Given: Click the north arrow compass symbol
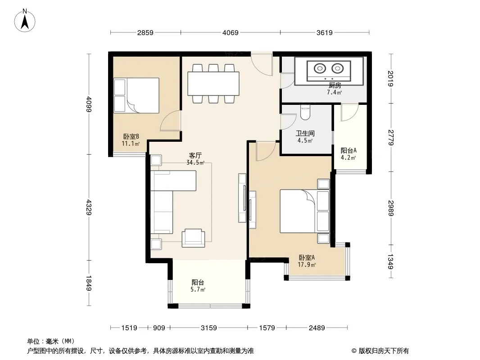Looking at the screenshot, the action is (x=25, y=20).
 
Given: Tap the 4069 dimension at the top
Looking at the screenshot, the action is (x=230, y=32).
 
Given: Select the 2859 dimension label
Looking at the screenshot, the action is (x=145, y=32).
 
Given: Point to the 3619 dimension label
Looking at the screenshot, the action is (x=324, y=32).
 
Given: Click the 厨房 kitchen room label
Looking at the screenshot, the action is (x=335, y=85).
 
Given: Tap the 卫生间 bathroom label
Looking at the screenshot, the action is (x=305, y=133).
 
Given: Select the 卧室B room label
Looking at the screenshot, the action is (x=131, y=136).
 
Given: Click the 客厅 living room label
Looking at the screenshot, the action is (x=195, y=155).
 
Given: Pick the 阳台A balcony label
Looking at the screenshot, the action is (x=349, y=150).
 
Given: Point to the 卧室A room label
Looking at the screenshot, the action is (x=307, y=257).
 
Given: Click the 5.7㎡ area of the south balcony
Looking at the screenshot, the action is (x=198, y=289).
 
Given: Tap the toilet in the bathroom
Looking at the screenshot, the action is (x=305, y=112).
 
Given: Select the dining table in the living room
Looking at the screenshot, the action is (x=213, y=84).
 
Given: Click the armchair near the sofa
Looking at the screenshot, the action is (x=193, y=238).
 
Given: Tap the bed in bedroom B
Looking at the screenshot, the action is (x=136, y=95).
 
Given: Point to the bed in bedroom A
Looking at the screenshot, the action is (x=305, y=211).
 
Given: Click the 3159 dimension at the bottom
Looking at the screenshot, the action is (x=209, y=328).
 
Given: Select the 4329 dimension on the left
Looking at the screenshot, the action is (x=89, y=207).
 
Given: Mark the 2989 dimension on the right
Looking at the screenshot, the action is (x=390, y=208).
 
